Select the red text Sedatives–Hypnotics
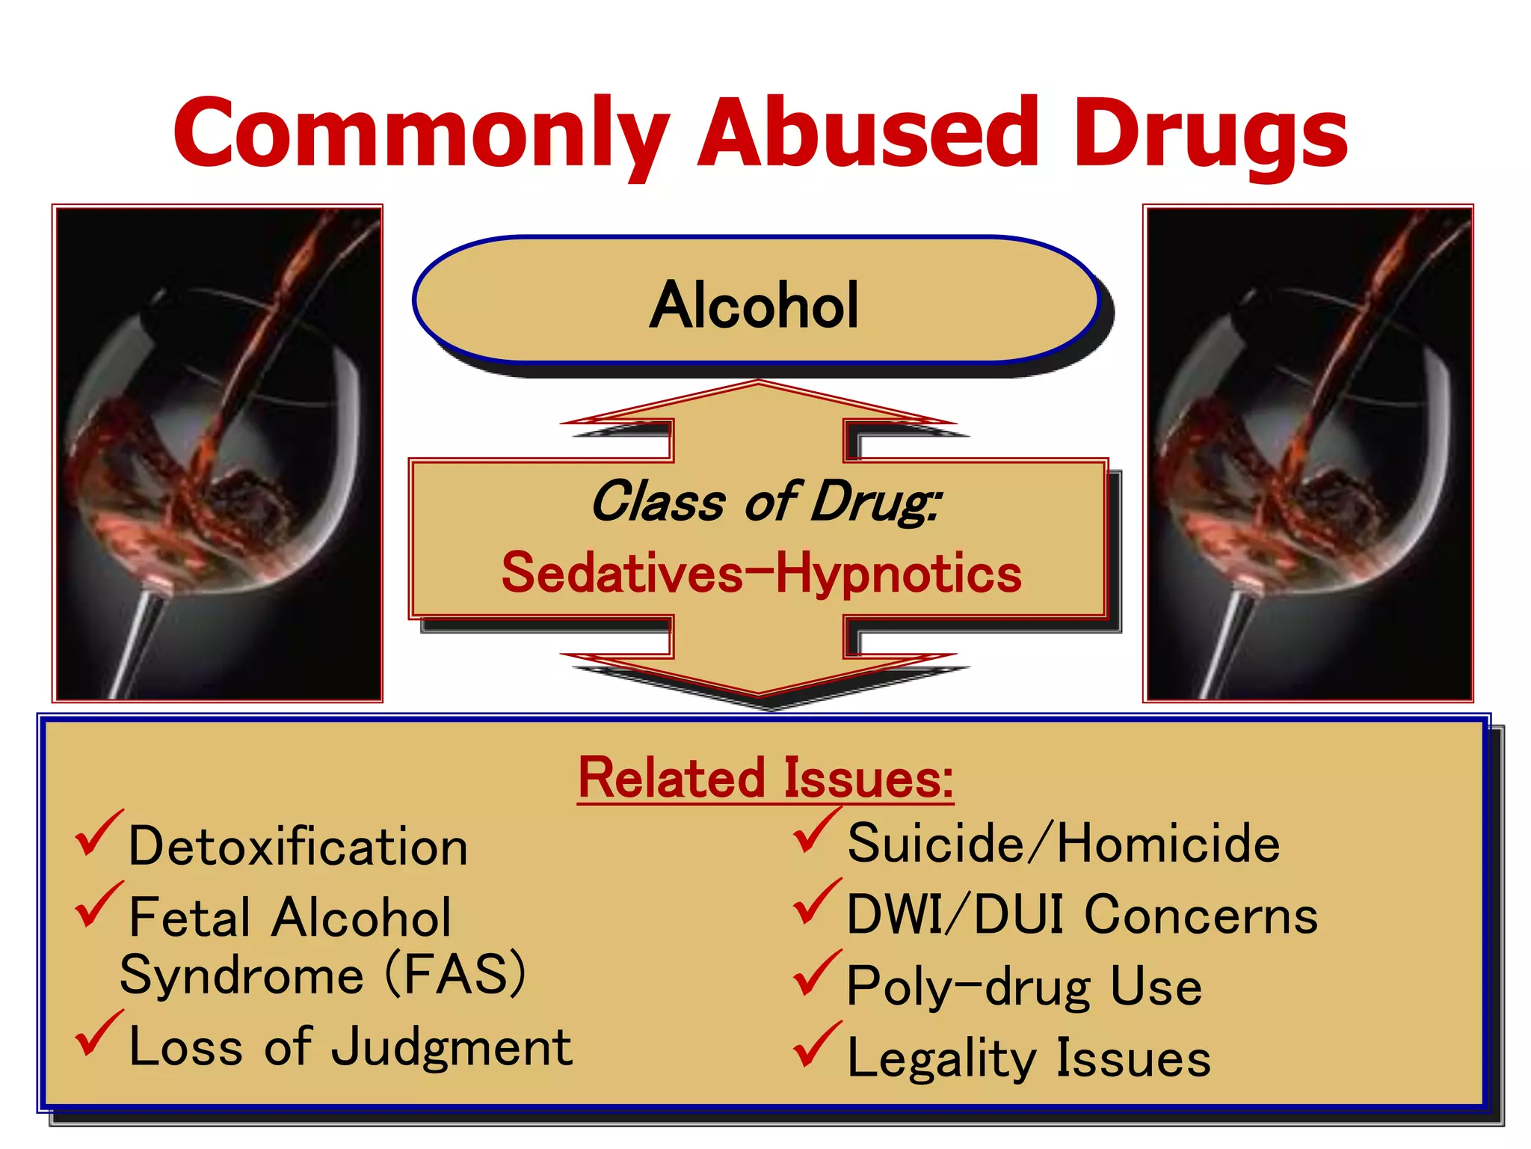coord(761,573)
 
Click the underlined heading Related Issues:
coord(765,779)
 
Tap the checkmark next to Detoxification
coord(97,833)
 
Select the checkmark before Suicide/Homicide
coord(816,830)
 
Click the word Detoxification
coord(298,846)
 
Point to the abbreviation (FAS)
coord(455,974)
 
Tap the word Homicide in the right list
coord(1168,843)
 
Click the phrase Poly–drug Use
coord(1023,986)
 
